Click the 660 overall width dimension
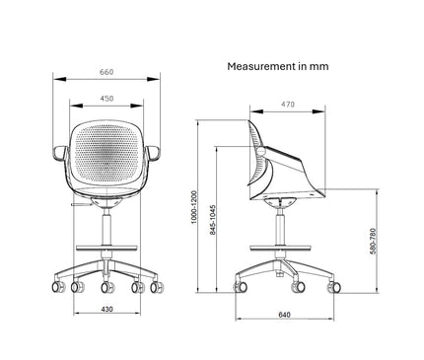click(x=106, y=72)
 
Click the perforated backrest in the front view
click(x=106, y=153)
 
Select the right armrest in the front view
click(x=156, y=155)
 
